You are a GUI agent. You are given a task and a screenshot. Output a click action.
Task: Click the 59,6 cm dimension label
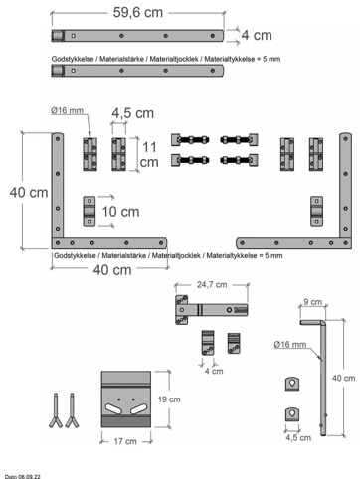point(138,13)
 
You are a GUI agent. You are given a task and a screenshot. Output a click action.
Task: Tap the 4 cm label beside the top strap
point(257,35)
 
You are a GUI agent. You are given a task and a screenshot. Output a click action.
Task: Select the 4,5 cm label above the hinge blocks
point(132,113)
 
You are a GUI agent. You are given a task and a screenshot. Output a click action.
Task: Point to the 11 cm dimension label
point(149,155)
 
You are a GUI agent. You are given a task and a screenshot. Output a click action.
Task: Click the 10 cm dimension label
point(120,212)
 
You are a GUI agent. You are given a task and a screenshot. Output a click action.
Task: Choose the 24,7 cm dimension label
point(212,285)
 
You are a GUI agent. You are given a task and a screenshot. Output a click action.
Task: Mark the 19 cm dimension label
point(169,399)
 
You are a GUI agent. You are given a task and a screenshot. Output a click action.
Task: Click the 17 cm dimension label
point(125,441)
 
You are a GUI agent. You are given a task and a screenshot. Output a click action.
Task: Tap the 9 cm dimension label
point(313,302)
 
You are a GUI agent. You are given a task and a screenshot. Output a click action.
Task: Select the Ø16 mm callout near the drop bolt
point(290,345)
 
